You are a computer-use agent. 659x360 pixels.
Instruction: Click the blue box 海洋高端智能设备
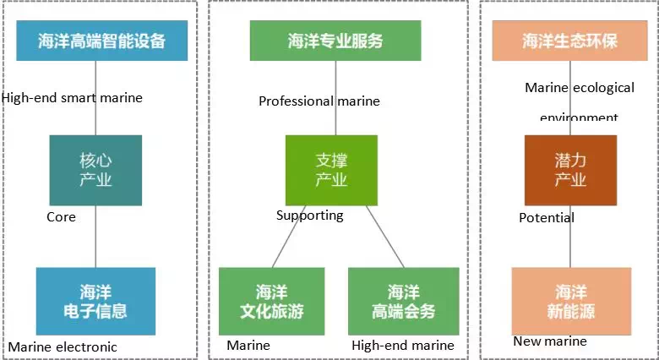[x=101, y=41]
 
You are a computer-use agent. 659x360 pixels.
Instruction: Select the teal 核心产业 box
[x=95, y=170]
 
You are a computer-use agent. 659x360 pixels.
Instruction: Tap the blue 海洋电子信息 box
[x=95, y=302]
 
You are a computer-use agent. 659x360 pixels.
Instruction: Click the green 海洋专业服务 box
[x=335, y=41]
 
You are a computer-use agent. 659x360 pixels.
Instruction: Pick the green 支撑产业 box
[x=331, y=170]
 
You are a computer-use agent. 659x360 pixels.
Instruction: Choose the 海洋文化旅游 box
[x=271, y=302]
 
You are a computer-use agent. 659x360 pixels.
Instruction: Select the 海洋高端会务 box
[x=403, y=302]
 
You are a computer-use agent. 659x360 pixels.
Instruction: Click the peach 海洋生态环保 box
[x=569, y=41]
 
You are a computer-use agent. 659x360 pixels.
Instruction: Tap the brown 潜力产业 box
[x=570, y=170]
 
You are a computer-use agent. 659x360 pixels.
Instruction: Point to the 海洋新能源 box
[x=571, y=302]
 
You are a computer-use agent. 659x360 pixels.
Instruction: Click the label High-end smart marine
[x=72, y=98]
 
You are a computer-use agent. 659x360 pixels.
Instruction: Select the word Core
[x=61, y=217]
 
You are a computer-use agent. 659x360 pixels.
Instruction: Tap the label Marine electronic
[x=63, y=347]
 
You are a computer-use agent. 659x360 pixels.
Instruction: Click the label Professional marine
[x=319, y=101]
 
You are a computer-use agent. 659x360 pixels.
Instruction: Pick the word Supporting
[x=310, y=215]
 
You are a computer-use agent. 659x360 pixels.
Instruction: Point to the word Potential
[x=547, y=218]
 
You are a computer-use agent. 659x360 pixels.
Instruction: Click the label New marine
[x=550, y=341]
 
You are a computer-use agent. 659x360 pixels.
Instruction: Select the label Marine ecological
[x=580, y=88]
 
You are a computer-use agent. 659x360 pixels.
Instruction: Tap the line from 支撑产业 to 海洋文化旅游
[x=289, y=237]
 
